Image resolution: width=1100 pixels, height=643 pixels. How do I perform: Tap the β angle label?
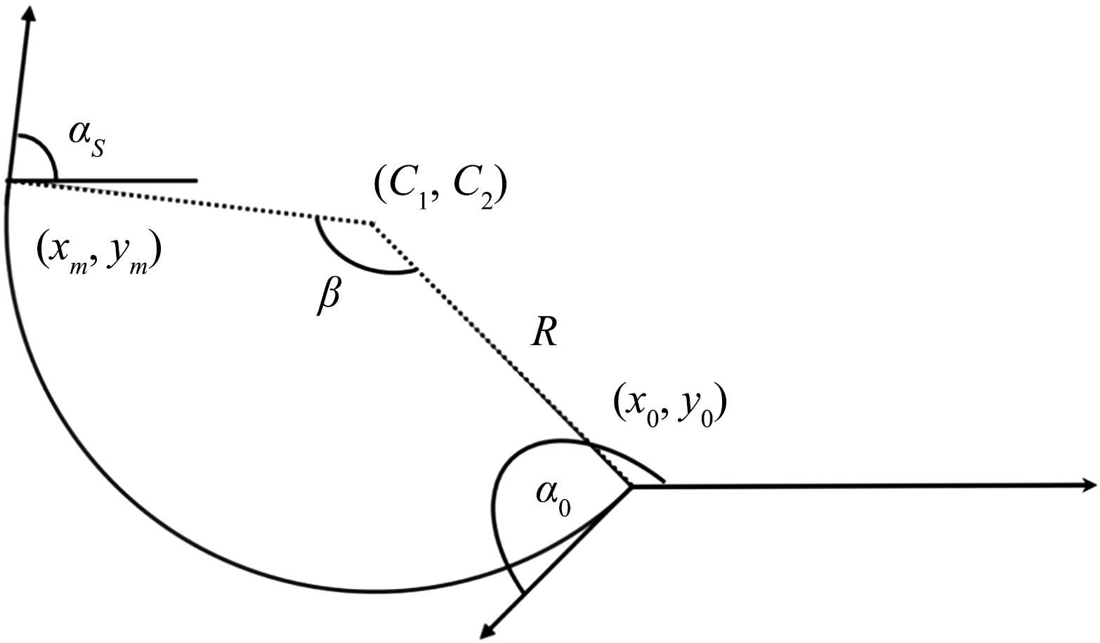pos(328,297)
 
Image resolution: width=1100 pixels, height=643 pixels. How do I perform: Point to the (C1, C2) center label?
pos(440,188)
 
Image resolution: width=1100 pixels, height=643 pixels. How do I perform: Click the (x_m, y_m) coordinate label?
pos(98,254)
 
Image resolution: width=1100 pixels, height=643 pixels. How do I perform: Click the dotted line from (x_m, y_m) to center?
pos(190,202)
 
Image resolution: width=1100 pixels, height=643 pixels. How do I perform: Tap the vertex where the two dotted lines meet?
pos(372,224)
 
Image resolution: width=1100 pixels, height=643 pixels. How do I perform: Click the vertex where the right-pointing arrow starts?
pos(631,486)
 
